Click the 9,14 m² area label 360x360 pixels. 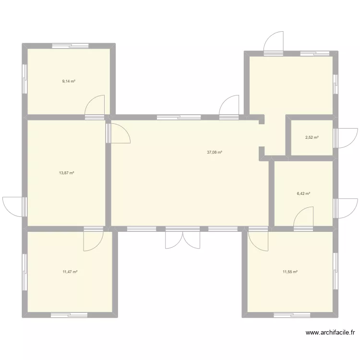[x=69, y=82]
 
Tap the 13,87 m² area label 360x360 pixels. [x=67, y=173]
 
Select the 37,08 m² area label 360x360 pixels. [x=214, y=153]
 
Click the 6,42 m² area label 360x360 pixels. [x=303, y=194]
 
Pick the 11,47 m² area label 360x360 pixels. [x=70, y=272]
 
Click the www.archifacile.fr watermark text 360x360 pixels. [x=330, y=332]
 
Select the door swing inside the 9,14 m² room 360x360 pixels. [x=95, y=107]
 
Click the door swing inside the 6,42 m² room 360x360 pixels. [x=304, y=217]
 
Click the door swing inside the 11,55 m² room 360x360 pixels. [x=258, y=240]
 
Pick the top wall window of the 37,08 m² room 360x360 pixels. [x=179, y=117]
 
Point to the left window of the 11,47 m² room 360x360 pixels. [x=24, y=272]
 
